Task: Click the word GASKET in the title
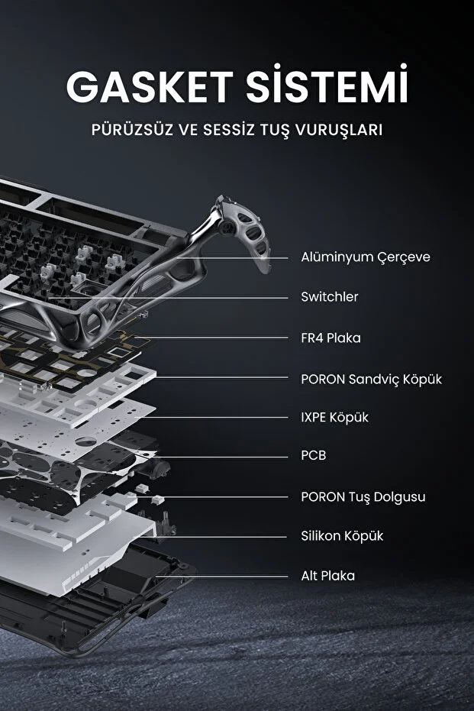[x=150, y=86]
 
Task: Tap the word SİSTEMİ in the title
[x=327, y=84]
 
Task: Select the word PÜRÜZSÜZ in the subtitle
[x=132, y=129]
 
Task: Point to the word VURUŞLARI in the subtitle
[x=339, y=130]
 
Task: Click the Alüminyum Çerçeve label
[x=366, y=257]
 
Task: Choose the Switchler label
[x=330, y=297]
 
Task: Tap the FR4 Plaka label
[x=331, y=338]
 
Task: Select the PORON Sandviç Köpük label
[x=371, y=379]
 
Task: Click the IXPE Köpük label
[x=334, y=417]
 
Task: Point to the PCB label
[x=314, y=455]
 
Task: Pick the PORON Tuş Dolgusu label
[x=363, y=497]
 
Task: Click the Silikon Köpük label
[x=342, y=536]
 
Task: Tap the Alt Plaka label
[x=328, y=576]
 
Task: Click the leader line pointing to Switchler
[x=168, y=298]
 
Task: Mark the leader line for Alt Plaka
[x=221, y=577]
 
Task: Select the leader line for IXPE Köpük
[x=211, y=417]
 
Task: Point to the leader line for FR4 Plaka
[x=211, y=338]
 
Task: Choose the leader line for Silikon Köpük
[x=210, y=538]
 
